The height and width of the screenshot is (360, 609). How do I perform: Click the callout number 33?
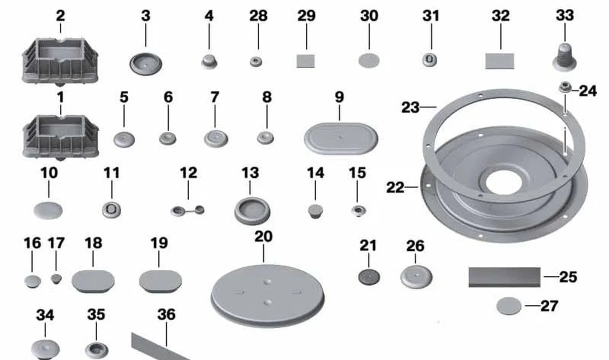click(565, 15)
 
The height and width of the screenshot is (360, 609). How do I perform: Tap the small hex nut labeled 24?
click(565, 88)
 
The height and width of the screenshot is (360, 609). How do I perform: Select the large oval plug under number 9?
click(341, 139)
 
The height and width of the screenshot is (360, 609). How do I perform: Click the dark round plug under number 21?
click(369, 277)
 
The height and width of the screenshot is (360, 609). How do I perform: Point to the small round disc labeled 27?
click(509, 306)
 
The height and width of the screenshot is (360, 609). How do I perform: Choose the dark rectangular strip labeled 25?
click(504, 277)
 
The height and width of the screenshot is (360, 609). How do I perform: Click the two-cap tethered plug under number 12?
click(188, 210)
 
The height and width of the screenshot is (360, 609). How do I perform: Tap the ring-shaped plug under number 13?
click(252, 211)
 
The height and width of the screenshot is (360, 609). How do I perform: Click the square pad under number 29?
click(306, 61)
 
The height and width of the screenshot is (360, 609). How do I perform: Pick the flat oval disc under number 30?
click(369, 61)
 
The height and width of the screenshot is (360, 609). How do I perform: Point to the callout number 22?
click(395, 188)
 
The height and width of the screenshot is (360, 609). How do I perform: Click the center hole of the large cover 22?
click(504, 183)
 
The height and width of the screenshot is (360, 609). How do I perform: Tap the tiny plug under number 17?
click(56, 279)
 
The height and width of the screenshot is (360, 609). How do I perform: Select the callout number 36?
click(166, 314)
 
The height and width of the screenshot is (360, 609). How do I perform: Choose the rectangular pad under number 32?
click(500, 61)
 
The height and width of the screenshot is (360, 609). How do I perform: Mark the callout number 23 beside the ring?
click(410, 107)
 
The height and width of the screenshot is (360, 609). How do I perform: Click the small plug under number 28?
click(256, 62)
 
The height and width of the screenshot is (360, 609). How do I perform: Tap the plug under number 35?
click(97, 350)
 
